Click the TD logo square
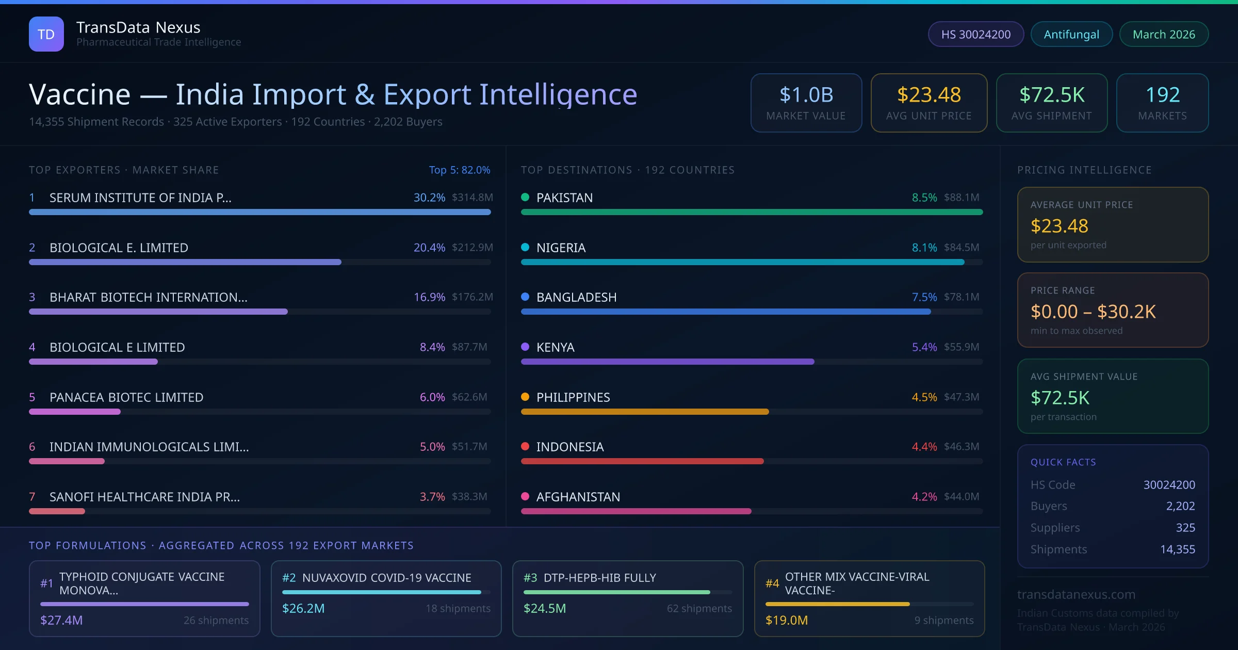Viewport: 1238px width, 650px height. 46,34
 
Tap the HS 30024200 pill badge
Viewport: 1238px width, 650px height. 975,35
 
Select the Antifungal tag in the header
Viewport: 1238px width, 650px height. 1071,35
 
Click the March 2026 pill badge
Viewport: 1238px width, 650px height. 1164,35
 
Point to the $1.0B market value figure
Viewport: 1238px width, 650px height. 806,95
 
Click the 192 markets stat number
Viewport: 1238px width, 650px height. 1163,95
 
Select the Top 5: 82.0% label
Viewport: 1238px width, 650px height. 459,170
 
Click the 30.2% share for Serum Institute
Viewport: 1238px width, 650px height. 429,198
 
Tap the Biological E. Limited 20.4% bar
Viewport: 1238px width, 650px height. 185,262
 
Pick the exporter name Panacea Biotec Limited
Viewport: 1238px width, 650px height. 126,397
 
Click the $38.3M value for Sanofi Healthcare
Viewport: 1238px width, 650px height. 469,497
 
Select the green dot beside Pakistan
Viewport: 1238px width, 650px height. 525,197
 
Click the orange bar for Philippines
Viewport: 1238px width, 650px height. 645,412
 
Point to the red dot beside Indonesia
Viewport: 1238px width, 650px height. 525,446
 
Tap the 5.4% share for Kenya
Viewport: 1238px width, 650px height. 924,347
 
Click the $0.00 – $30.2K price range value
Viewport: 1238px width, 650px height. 1093,312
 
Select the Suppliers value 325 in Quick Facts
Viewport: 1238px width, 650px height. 1185,528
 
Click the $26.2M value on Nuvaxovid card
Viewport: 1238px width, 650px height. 303,609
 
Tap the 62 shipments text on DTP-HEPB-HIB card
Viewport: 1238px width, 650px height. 699,609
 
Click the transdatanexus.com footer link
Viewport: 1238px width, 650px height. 1076,595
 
